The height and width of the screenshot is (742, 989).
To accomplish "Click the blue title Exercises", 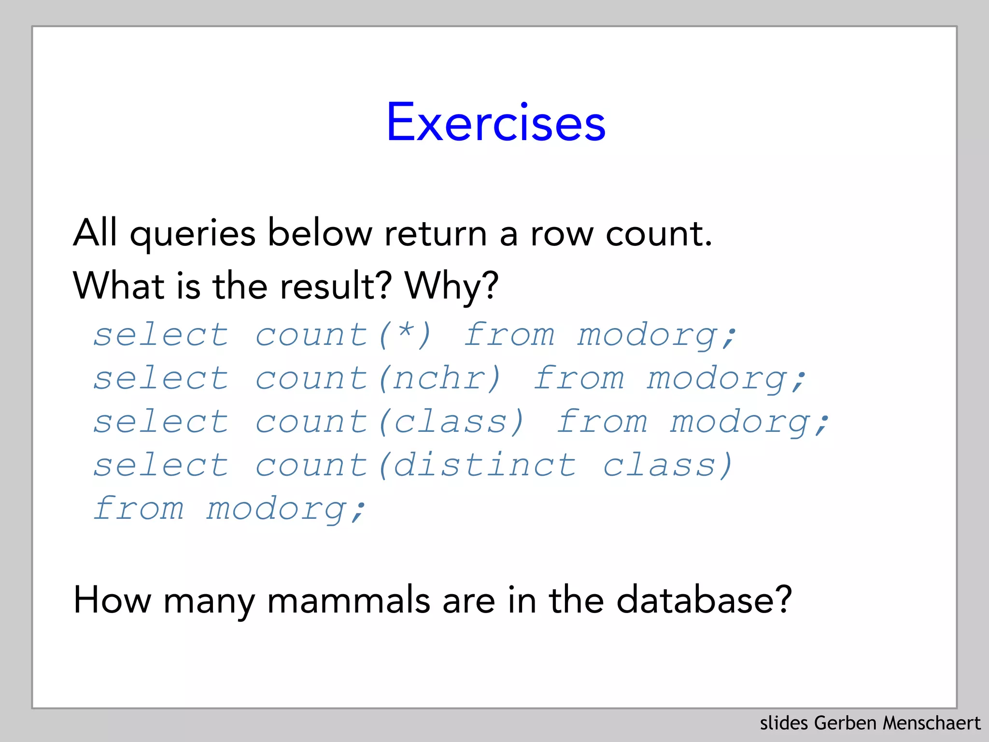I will pyautogui.click(x=495, y=123).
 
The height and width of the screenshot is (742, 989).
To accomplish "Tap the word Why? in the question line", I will pyautogui.click(x=452, y=286).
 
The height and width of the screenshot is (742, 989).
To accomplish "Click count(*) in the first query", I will pyautogui.click(x=343, y=335).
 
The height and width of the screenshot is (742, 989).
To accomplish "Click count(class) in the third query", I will pyautogui.click(x=390, y=422).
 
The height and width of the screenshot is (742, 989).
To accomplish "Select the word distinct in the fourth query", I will pyautogui.click(x=484, y=465).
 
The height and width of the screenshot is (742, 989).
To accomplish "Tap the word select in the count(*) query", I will pyautogui.click(x=161, y=335).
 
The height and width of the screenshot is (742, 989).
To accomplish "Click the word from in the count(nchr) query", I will pyautogui.click(x=579, y=378).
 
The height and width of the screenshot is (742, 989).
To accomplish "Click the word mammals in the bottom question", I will pyautogui.click(x=348, y=600).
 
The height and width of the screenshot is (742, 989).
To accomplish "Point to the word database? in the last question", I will pyautogui.click(x=704, y=600).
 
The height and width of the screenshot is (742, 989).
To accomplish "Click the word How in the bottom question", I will pyautogui.click(x=112, y=600).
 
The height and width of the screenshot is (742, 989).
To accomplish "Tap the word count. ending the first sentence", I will pyautogui.click(x=659, y=234).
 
